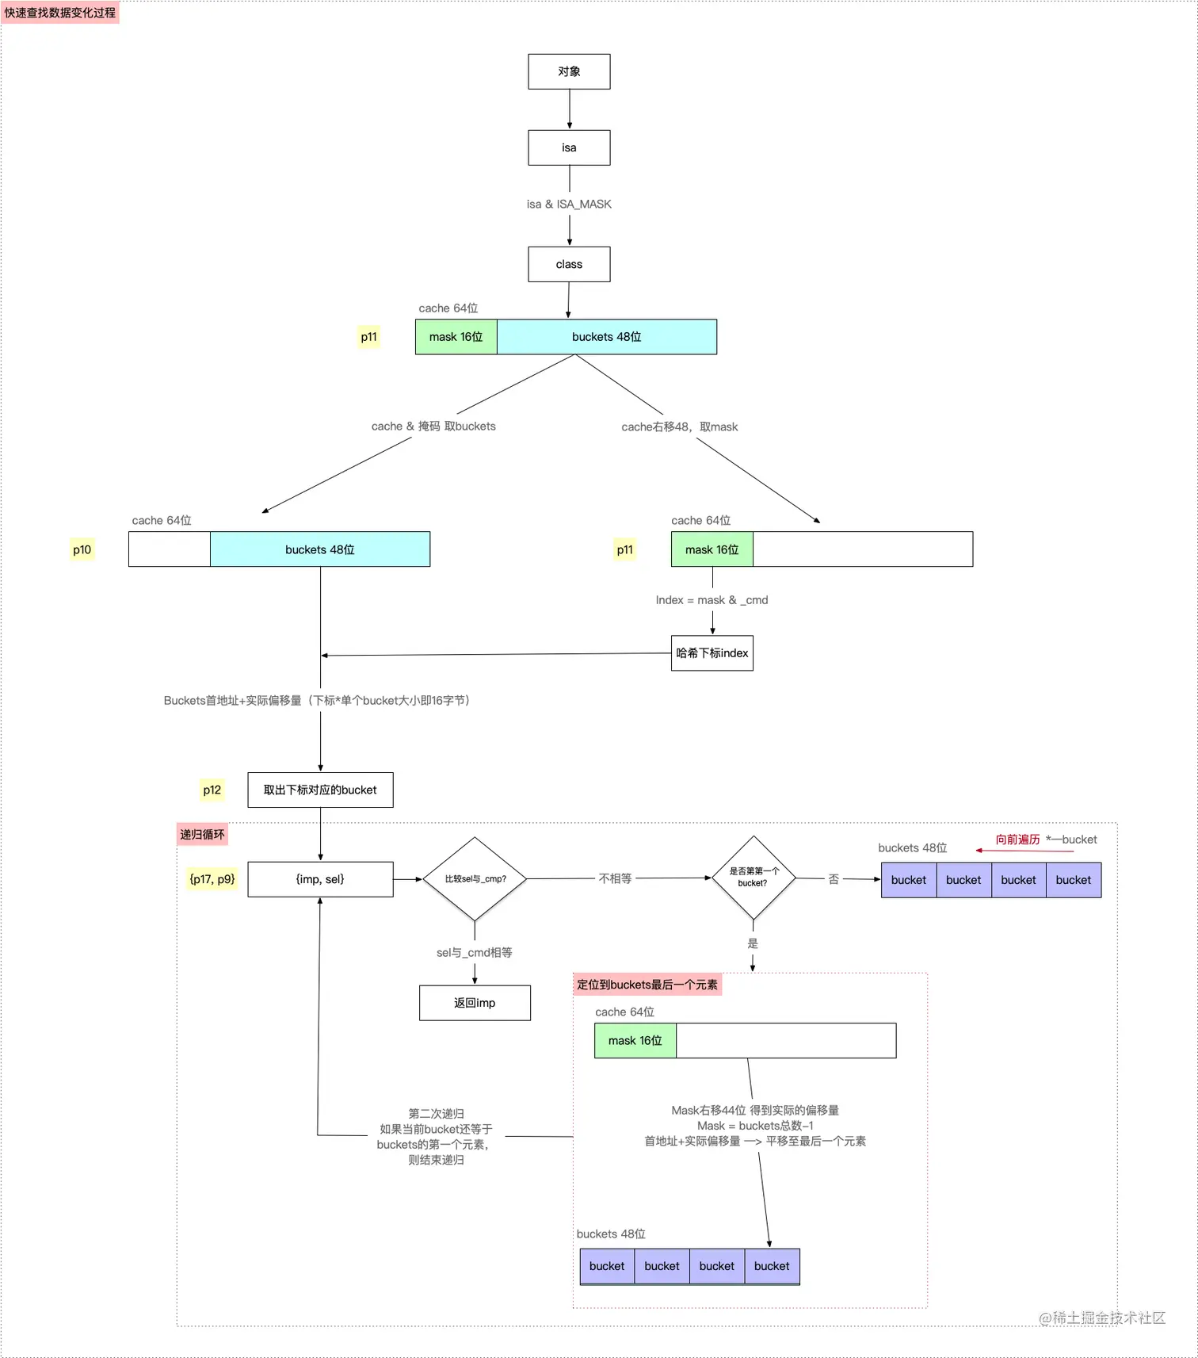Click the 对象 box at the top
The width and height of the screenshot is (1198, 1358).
pyautogui.click(x=569, y=71)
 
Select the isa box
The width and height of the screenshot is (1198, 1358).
pyautogui.click(x=569, y=147)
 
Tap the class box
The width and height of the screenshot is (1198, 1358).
pyautogui.click(x=569, y=264)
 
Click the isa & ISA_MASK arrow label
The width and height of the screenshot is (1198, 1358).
pyautogui.click(x=569, y=205)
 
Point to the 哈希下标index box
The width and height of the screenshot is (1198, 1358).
pyautogui.click(x=712, y=653)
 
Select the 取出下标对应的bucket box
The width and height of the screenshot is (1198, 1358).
pyautogui.click(x=320, y=790)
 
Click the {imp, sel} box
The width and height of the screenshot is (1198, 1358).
pyautogui.click(x=320, y=879)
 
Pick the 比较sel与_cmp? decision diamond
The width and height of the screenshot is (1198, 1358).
pyautogui.click(x=475, y=878)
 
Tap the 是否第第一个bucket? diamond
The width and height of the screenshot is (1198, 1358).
pyautogui.click(x=753, y=877)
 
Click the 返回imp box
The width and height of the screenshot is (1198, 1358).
pyautogui.click(x=475, y=1003)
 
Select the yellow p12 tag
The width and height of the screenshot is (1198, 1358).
pyautogui.click(x=212, y=790)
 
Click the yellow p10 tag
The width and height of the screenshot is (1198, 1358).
pyautogui.click(x=82, y=549)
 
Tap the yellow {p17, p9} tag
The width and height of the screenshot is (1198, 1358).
pyautogui.click(x=212, y=879)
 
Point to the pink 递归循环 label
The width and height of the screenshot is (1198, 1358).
pyautogui.click(x=202, y=835)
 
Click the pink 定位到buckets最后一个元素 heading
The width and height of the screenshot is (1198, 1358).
pyautogui.click(x=647, y=985)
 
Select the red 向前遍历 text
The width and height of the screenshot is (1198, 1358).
pyautogui.click(x=1017, y=840)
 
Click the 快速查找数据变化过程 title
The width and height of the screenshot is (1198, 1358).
pyautogui.click(x=60, y=13)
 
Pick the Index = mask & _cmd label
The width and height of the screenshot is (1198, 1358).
pyautogui.click(x=712, y=600)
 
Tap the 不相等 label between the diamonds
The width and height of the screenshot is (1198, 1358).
pyautogui.click(x=615, y=878)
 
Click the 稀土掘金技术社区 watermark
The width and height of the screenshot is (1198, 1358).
pyautogui.click(x=1102, y=1318)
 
